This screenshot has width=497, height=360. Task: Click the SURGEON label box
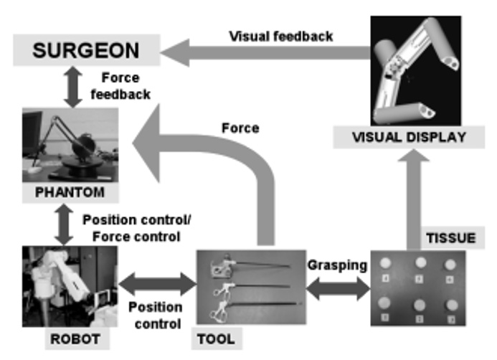(87, 50)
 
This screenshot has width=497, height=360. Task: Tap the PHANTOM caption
(70, 192)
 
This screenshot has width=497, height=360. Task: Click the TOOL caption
(217, 338)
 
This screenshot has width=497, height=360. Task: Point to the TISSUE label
(452, 237)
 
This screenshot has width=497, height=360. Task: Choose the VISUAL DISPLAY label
(409, 137)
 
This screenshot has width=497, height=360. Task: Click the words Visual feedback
(281, 37)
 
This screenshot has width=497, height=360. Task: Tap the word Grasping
(337, 265)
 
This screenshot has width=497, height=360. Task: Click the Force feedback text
(120, 86)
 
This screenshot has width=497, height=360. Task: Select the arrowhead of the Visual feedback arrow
(175, 52)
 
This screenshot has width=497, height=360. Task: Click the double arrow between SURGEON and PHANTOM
(73, 87)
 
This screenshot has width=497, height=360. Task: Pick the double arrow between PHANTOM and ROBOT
(64, 224)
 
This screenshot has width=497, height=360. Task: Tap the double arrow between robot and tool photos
(157, 284)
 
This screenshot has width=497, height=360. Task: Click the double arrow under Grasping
(338, 289)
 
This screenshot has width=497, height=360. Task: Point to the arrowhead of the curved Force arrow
(146, 143)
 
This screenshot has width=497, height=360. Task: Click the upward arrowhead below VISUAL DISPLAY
(414, 156)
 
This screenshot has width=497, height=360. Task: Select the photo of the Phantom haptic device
(70, 145)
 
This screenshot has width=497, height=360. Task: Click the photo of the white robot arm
(70, 286)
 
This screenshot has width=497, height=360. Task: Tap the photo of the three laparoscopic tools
(251, 287)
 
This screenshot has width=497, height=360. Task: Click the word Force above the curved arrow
(240, 128)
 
